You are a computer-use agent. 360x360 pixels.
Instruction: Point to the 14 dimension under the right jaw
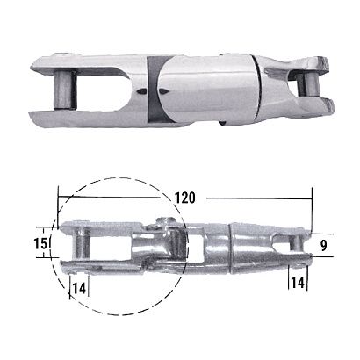coord(299,282)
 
